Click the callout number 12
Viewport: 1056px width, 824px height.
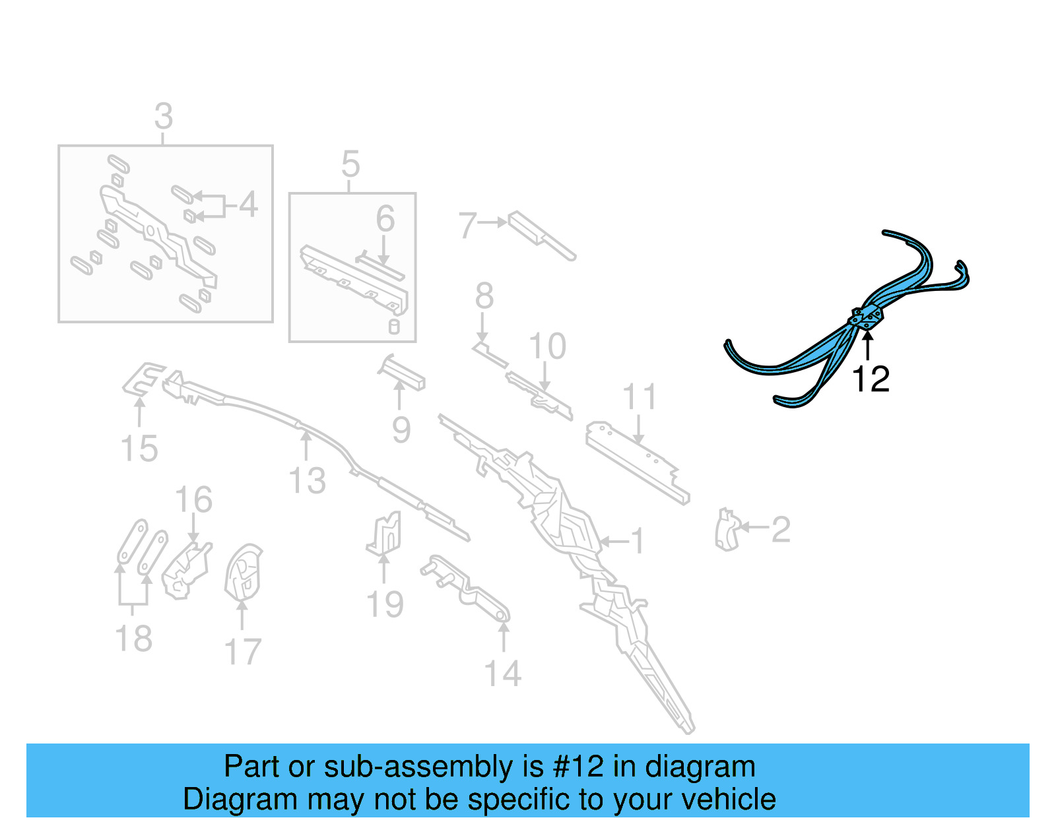(871, 379)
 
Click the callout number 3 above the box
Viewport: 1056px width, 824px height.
(164, 117)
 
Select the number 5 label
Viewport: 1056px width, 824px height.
(350, 164)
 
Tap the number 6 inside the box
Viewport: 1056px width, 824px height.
(385, 219)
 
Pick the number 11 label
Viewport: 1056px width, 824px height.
(639, 397)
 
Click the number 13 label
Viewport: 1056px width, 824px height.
(308, 481)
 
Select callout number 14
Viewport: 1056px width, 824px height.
(502, 674)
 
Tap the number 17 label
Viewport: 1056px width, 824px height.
(243, 652)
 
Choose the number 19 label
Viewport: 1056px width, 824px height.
(385, 604)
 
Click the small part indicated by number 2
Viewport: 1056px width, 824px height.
(727, 530)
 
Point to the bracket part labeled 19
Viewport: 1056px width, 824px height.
(385, 534)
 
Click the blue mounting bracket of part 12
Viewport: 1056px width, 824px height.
(867, 317)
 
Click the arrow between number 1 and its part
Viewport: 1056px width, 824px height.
(613, 542)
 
